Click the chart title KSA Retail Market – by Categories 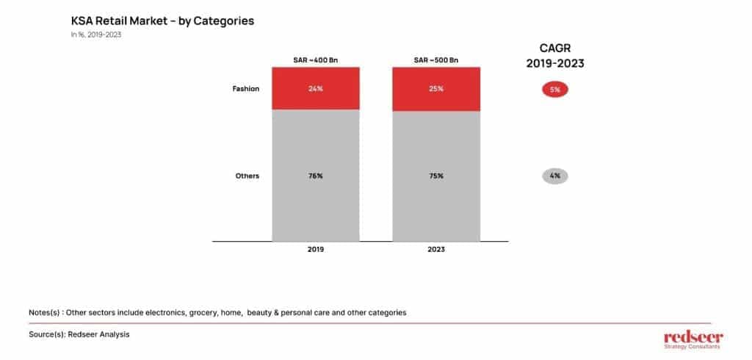162,21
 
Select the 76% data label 316,176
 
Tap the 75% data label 436,176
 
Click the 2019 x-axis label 316,250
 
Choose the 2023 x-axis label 436,250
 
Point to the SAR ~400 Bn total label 316,60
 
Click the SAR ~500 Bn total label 436,60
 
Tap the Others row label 247,176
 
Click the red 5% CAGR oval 555,90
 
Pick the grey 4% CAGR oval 555,176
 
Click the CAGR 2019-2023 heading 555,56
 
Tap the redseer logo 693,339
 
